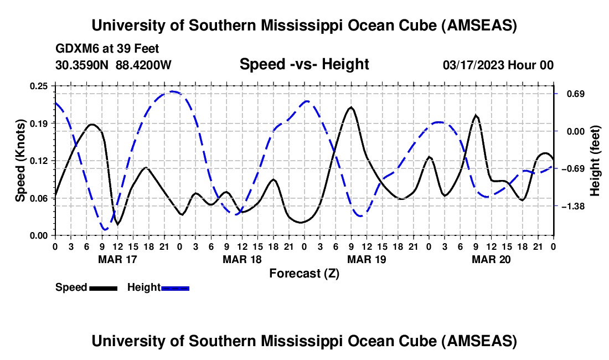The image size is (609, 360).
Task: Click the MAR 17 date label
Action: [x=117, y=259]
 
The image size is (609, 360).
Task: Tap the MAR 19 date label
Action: [x=366, y=259]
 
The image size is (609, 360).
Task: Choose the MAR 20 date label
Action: [x=491, y=259]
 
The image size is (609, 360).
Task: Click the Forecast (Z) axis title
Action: [x=304, y=273]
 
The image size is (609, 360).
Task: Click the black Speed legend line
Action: [x=103, y=288]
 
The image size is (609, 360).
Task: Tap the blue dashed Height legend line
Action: [x=175, y=288]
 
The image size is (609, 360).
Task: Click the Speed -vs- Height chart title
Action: [x=304, y=64]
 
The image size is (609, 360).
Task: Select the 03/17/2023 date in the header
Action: [x=474, y=65]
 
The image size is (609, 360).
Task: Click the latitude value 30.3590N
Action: [x=83, y=65]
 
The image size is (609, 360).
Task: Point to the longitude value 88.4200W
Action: [x=143, y=65]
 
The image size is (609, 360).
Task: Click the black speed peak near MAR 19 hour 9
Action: [x=350, y=107]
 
